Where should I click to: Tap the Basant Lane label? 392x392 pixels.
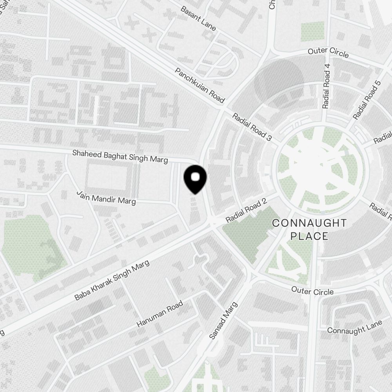(x=198, y=18)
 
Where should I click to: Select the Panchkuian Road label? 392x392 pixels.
(x=200, y=85)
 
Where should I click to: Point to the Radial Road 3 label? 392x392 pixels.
(x=252, y=127)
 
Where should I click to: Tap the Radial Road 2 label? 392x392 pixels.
(x=247, y=211)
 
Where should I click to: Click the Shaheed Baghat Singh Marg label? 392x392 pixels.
(x=120, y=156)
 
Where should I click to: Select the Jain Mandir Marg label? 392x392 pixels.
(x=106, y=198)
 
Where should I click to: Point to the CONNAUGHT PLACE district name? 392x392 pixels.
(x=309, y=229)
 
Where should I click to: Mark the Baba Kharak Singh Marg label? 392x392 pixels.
(x=112, y=281)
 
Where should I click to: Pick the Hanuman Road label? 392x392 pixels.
(x=160, y=314)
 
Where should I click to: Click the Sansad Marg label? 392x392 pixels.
(x=223, y=320)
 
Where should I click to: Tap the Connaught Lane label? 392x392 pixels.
(x=354, y=327)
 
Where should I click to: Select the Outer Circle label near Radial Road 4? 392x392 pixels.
(x=328, y=53)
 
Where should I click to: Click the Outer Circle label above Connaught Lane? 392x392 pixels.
(x=312, y=291)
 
